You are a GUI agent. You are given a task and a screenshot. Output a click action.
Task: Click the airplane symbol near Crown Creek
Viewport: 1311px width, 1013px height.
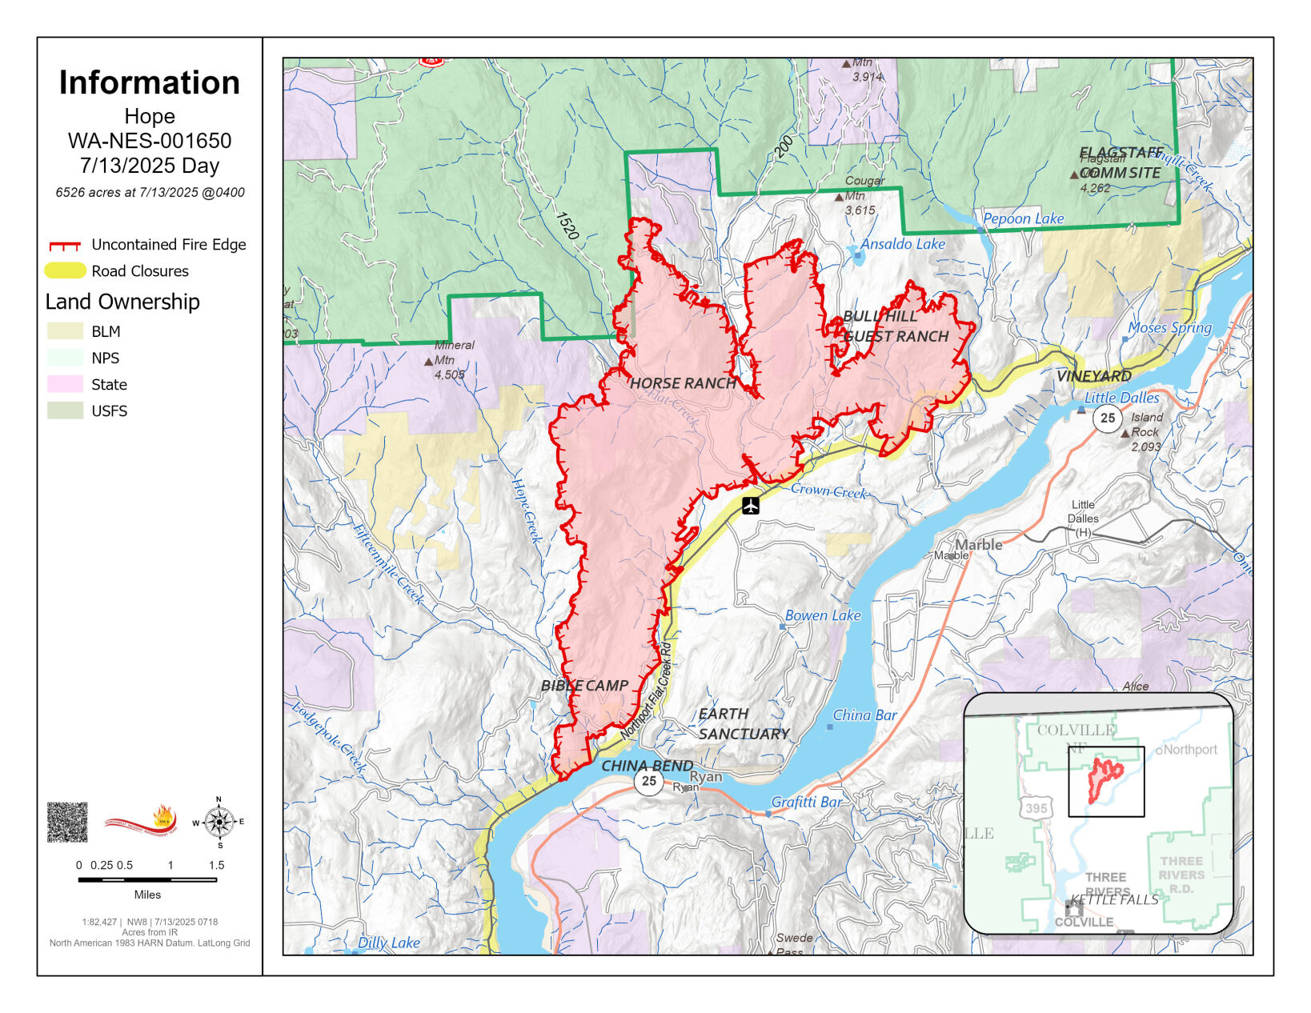(750, 506)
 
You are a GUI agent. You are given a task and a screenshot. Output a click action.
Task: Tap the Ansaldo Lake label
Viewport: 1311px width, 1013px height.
(902, 244)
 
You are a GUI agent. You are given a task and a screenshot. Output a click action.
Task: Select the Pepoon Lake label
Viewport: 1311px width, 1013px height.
(1023, 218)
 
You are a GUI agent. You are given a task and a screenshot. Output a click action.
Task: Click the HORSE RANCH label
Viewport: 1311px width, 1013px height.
(683, 383)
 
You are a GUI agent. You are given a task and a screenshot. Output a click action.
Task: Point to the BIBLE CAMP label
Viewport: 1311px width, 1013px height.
(584, 686)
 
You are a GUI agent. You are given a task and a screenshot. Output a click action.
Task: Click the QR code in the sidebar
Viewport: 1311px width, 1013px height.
(67, 822)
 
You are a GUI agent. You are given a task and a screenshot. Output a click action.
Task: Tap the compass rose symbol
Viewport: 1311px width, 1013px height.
(219, 822)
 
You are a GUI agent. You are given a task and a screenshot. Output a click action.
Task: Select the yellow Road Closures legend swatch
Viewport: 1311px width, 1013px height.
(66, 271)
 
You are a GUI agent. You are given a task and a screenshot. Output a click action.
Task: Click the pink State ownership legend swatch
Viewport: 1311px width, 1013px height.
(66, 384)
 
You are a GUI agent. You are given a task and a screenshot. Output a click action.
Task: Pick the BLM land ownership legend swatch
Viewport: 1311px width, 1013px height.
(66, 331)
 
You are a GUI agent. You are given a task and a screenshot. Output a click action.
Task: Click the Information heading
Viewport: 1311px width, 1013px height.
(150, 83)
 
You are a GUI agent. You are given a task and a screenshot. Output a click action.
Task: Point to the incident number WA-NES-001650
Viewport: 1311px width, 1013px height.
(150, 141)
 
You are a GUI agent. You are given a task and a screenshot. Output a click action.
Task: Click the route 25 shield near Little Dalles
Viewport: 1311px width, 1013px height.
(1107, 418)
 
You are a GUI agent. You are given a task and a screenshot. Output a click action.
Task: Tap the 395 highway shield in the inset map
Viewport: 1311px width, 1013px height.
(1036, 808)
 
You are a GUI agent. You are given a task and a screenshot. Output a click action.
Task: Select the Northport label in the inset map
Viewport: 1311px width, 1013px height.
(1189, 750)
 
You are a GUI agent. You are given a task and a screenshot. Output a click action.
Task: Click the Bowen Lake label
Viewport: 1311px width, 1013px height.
(822, 615)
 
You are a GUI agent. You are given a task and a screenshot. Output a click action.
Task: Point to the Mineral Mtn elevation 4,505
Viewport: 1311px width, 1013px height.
(450, 374)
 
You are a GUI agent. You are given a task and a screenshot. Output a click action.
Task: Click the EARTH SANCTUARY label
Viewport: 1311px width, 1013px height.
(744, 723)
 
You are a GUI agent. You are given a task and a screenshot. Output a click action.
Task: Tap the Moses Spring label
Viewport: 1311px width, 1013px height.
(1169, 327)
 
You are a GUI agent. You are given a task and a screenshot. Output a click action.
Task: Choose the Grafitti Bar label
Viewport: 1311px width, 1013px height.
(806, 802)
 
